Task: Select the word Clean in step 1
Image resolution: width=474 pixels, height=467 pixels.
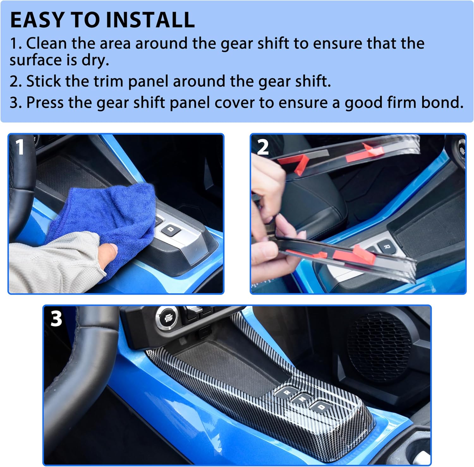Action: (46, 43)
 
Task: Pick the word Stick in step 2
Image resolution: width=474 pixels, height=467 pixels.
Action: (43, 81)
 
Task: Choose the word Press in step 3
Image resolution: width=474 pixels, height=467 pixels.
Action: (45, 103)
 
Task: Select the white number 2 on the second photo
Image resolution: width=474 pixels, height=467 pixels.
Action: (263, 147)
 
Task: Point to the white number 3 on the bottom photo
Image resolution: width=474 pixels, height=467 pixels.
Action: (56, 318)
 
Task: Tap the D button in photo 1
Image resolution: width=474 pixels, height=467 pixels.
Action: (171, 230)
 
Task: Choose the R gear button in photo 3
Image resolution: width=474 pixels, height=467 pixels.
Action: (287, 393)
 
